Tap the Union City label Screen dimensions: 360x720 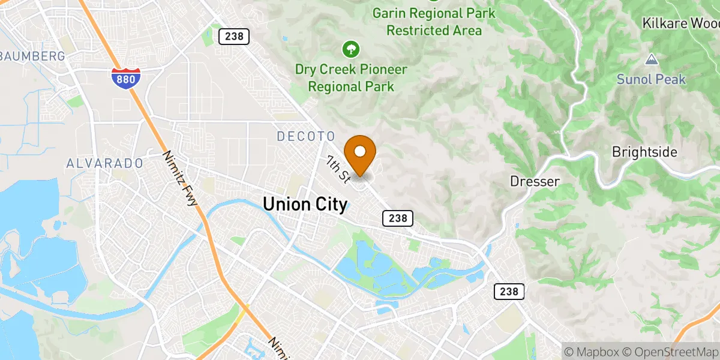305,205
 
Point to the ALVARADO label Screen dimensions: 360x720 104,163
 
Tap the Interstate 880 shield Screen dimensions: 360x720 126,79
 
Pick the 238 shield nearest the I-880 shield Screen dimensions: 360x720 233,36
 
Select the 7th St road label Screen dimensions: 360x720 338,168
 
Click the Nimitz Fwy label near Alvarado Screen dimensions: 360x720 179,178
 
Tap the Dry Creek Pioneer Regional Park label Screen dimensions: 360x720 351,78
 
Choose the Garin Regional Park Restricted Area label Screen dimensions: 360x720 434,21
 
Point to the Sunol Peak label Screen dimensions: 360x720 651,79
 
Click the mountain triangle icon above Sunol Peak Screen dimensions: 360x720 651,59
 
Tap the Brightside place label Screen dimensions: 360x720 644,152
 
